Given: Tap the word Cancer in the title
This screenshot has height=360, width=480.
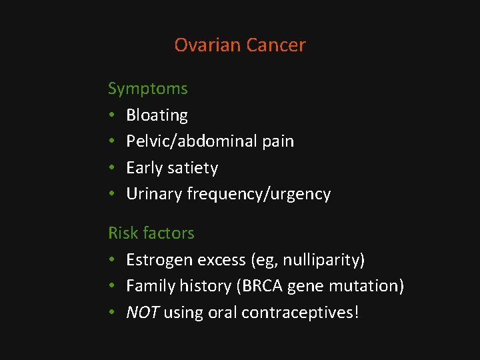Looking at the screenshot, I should point(275,45).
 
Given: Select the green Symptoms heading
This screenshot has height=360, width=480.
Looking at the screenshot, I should point(147,89).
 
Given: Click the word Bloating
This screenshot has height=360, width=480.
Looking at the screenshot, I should point(157,115).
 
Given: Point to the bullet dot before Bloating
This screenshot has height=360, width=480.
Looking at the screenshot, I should point(113,115).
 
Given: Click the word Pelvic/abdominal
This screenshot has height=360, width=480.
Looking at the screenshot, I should point(191,141).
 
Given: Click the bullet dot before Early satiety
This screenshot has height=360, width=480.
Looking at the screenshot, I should point(113,168).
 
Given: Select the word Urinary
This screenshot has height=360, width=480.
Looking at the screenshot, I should point(154,194).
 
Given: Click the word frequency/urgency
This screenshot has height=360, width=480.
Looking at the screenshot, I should point(259,194).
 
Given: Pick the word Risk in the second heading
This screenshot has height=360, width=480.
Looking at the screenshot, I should point(122,233).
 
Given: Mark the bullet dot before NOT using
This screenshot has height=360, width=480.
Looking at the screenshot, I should point(113,312).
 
